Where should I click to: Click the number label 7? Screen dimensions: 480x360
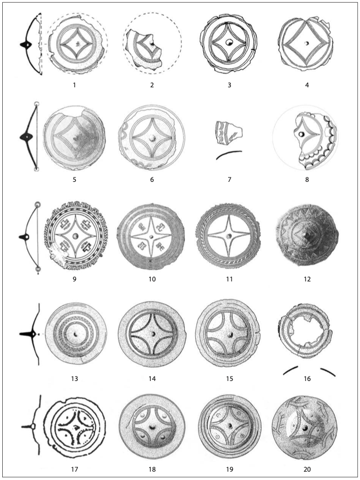tap(229, 180)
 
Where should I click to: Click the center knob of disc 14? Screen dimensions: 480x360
tap(152, 335)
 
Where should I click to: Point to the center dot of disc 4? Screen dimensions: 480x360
tap(306, 43)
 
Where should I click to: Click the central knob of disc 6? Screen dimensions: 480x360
tap(151, 137)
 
